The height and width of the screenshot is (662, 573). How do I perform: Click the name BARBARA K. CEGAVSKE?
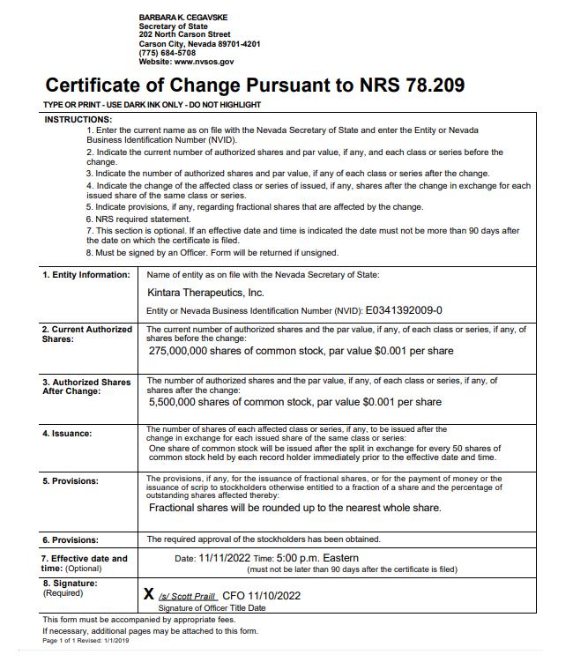click(x=184, y=18)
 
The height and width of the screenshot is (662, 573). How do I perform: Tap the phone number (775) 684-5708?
click(x=167, y=53)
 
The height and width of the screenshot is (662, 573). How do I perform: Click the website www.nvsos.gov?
click(x=205, y=62)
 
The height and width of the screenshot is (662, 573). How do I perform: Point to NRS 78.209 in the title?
click(x=411, y=86)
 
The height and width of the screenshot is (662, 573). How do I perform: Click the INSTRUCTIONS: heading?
click(x=78, y=119)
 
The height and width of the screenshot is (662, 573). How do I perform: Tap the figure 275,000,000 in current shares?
click(x=187, y=351)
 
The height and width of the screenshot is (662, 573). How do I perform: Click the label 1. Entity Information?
click(x=86, y=275)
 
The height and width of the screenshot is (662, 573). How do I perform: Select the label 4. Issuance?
click(x=67, y=434)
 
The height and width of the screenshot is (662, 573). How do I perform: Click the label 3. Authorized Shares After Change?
click(x=86, y=386)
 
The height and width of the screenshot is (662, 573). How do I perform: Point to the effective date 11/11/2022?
click(x=224, y=558)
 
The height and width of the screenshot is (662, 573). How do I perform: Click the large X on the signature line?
click(x=149, y=594)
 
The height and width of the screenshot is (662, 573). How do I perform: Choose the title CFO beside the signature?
click(x=233, y=596)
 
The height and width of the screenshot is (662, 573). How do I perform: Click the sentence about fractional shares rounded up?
click(x=294, y=508)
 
